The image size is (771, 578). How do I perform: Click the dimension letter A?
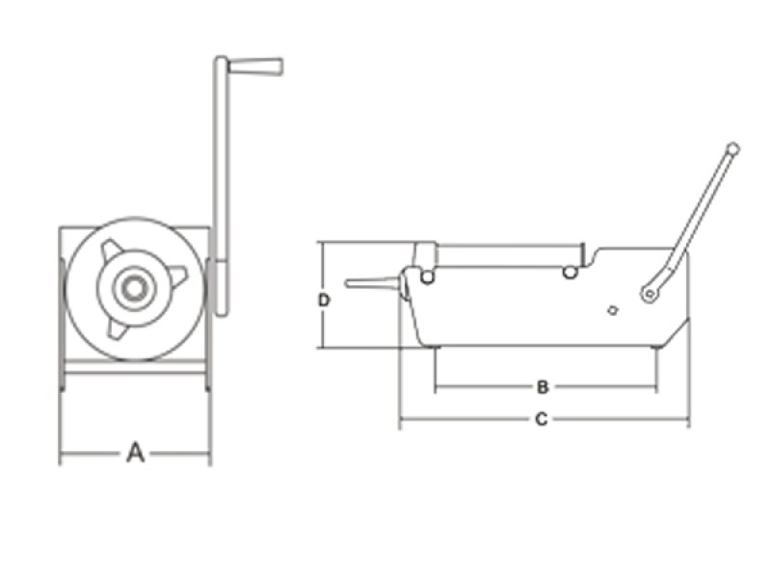pos(136,452)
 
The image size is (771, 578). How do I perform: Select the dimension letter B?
pos(543,387)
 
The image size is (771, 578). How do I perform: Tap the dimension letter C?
pos(542,419)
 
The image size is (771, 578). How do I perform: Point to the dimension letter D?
pos(325,300)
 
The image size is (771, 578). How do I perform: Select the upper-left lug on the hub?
pos(111,250)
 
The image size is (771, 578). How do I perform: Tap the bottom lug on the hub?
pos(116,328)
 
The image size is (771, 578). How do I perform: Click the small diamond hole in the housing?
pos(612,309)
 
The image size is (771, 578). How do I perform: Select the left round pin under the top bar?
pos(427,276)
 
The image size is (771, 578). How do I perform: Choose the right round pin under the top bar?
pos(571,273)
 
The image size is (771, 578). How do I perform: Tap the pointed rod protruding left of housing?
pos(371,283)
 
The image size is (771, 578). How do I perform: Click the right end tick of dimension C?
pos(688,419)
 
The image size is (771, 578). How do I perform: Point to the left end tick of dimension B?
pos(435,387)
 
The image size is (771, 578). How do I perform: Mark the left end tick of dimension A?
pos(61,452)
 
